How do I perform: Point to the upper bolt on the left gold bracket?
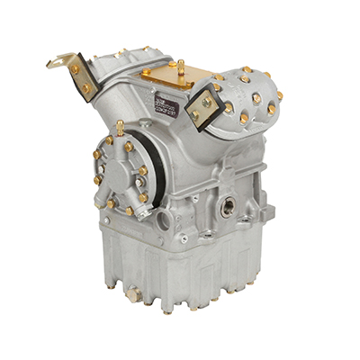[76, 69]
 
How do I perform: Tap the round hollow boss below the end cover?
[163, 219]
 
